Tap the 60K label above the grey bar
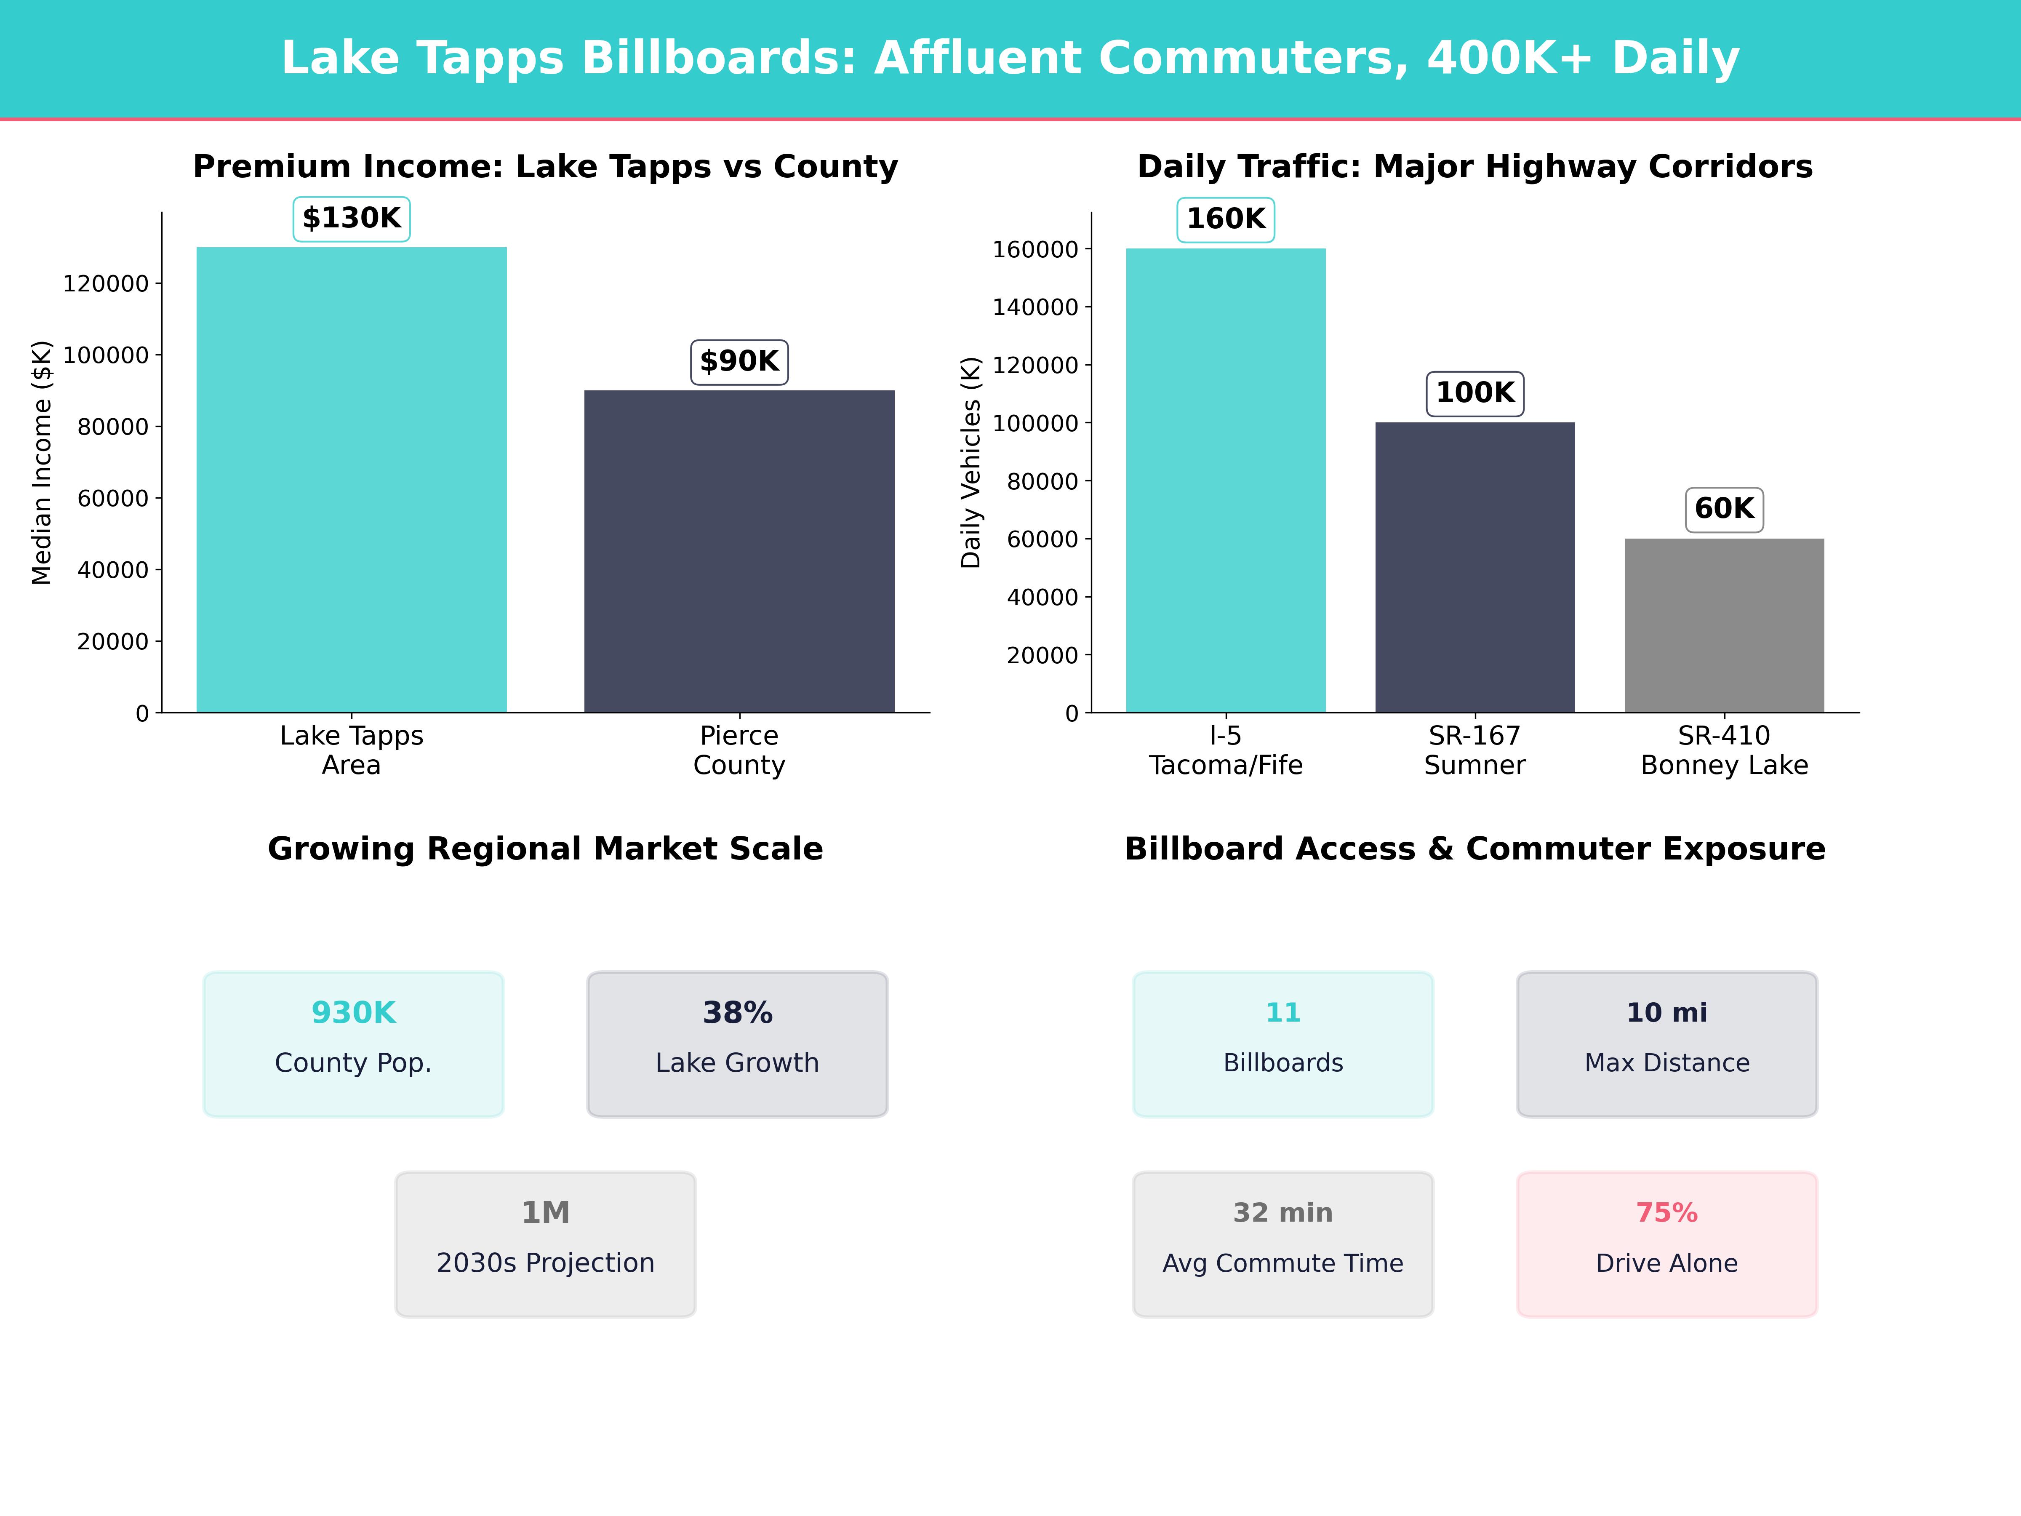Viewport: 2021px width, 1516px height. pos(1724,509)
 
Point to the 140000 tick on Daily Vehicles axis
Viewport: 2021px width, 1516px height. pos(1035,307)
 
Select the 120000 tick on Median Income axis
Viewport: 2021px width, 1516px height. pos(105,283)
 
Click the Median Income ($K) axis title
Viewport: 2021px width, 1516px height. pos(41,462)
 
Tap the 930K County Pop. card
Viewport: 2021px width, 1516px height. pos(354,1044)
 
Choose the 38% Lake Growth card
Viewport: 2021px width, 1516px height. pos(737,1044)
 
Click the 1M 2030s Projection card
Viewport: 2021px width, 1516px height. pos(545,1244)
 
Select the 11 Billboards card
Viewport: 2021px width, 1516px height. pos(1283,1044)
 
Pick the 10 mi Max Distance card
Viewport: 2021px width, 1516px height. pos(1666,1044)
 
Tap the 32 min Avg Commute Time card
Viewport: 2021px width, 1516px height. pos(1283,1244)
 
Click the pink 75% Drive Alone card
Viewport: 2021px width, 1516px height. pos(1666,1244)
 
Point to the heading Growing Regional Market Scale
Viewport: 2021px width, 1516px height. pos(545,849)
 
